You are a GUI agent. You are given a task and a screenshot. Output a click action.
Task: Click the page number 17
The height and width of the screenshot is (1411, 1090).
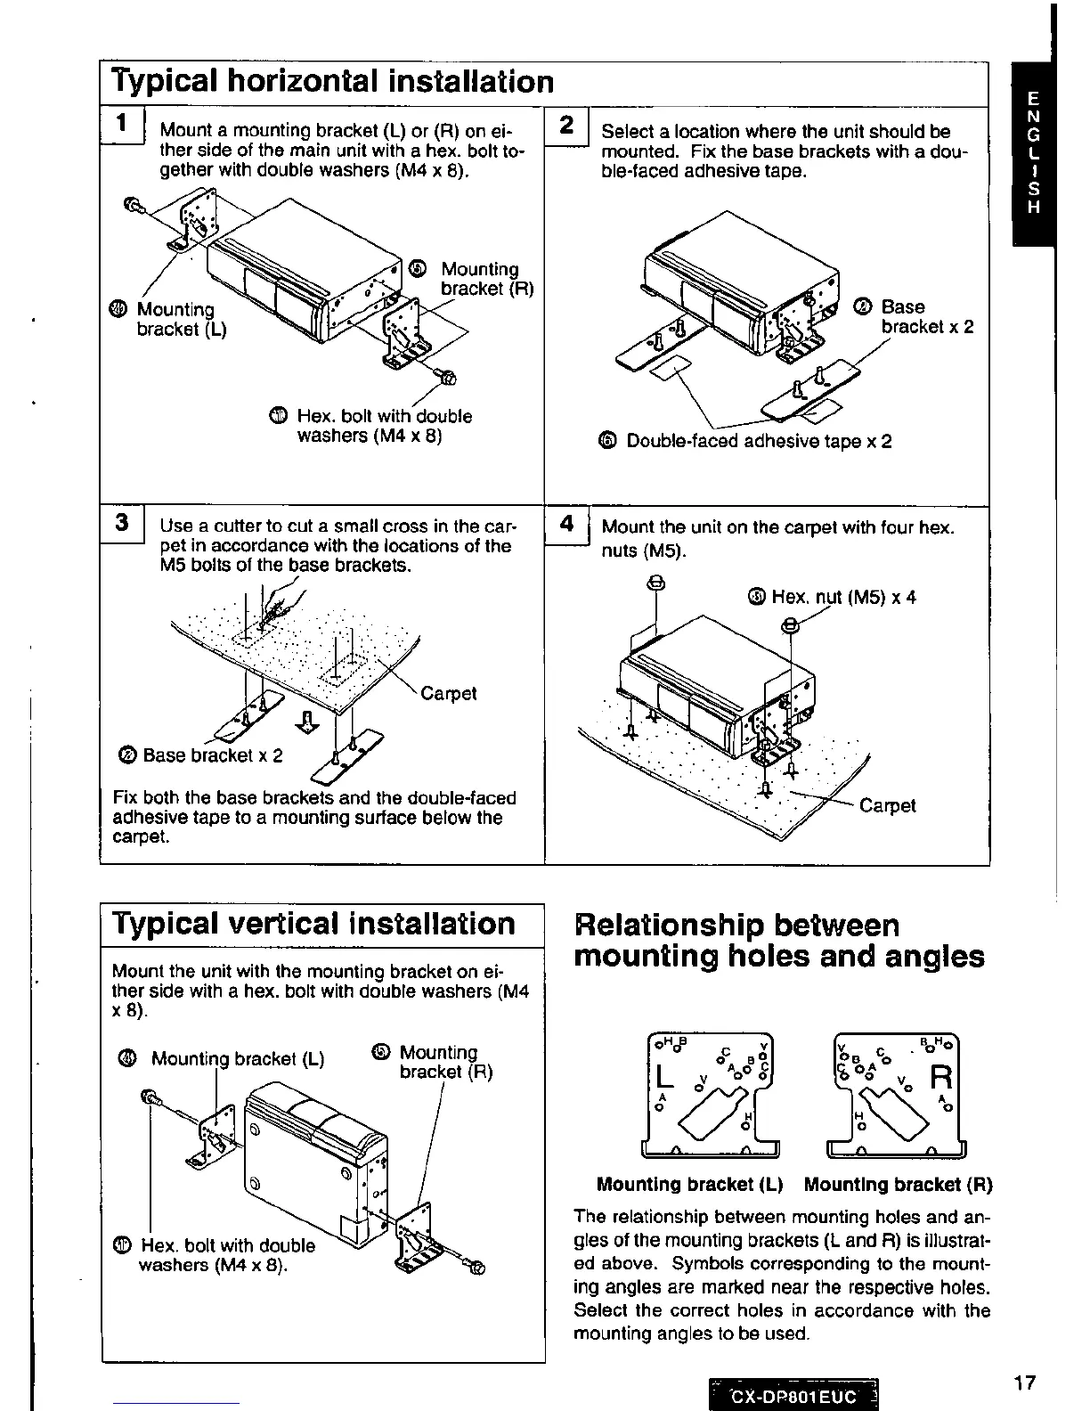pos(1024,1382)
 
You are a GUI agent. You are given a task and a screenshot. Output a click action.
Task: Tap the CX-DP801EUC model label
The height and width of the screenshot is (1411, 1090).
pos(793,1397)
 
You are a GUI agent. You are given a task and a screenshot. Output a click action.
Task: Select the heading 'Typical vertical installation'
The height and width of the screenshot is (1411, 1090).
pos(314,924)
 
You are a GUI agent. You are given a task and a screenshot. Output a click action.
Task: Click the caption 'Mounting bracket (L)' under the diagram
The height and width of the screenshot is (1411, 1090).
pos(689,1185)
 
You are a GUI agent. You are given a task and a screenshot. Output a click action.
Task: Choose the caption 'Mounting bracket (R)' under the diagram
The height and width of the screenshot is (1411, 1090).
pos(898,1185)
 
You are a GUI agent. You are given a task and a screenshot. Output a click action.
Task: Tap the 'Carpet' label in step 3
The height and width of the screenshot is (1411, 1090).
pos(449,693)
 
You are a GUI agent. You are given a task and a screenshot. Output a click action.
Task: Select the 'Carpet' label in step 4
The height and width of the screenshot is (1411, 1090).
pos(888,805)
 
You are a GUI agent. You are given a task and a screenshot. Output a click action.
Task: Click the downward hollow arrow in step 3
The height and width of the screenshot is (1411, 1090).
pos(306,722)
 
